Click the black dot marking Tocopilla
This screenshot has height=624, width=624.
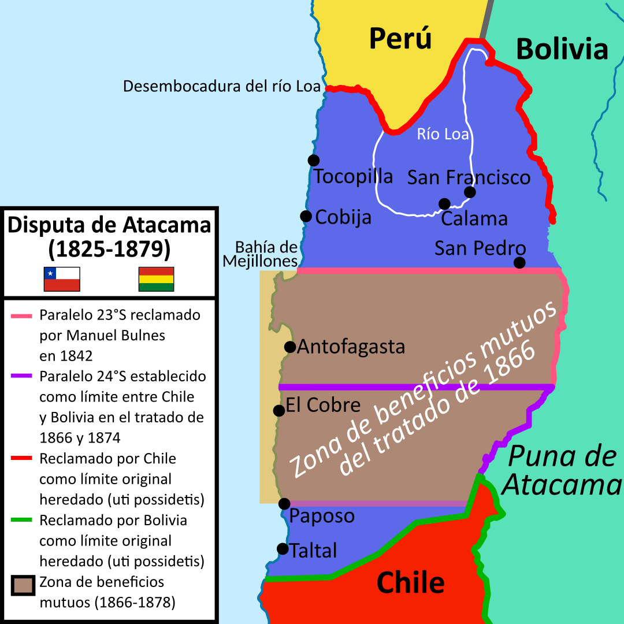(x=314, y=160)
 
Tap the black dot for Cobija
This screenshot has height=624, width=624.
(x=306, y=216)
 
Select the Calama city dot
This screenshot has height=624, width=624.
(x=444, y=204)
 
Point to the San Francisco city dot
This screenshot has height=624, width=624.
(x=470, y=192)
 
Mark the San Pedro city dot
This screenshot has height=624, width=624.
(x=520, y=263)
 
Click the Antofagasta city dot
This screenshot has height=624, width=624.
(x=290, y=347)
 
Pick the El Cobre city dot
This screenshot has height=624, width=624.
(x=279, y=410)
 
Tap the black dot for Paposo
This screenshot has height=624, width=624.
(x=284, y=504)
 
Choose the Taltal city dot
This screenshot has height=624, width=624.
(x=283, y=548)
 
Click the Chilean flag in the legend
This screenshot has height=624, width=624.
(x=62, y=279)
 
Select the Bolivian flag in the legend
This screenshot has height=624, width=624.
(x=156, y=279)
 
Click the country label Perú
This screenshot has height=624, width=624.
(x=400, y=39)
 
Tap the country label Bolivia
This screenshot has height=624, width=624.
(x=562, y=49)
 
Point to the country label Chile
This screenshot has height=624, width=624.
(x=410, y=582)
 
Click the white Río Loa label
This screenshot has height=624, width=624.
(x=443, y=135)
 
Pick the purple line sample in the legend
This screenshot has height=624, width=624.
(x=23, y=377)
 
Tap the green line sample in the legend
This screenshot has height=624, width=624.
(x=23, y=521)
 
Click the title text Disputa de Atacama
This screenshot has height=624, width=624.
(x=109, y=225)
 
